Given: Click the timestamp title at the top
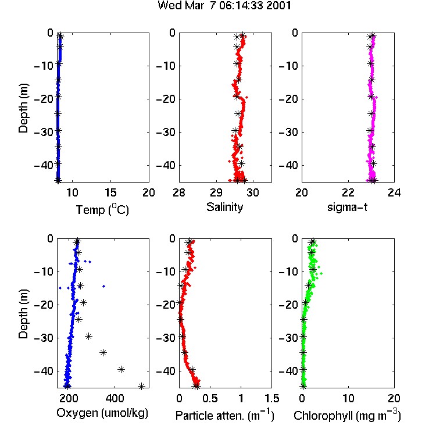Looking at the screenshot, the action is [x=224, y=6].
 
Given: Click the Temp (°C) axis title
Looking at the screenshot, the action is [x=102, y=210].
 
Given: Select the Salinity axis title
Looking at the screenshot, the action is [x=224, y=207].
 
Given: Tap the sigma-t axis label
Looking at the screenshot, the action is [x=347, y=207].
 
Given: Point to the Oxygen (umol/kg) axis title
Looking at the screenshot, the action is [x=102, y=413].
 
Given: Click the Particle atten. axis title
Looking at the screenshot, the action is [x=225, y=415].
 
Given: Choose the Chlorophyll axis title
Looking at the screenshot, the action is [x=347, y=415].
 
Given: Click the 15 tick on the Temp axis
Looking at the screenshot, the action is [x=110, y=192].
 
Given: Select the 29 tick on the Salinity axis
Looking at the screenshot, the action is [x=216, y=192].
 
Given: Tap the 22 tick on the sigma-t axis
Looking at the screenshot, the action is [x=348, y=192].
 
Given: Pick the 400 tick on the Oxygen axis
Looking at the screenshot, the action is [x=115, y=398].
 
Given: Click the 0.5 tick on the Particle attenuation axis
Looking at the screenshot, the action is [x=210, y=398].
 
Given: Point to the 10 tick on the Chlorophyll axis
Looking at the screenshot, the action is [x=348, y=398].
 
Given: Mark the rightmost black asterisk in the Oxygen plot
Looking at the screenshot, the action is [x=141, y=386].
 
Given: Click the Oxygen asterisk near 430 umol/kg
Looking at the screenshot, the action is [x=121, y=370].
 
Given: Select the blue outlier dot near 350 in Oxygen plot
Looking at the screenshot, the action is [x=103, y=286].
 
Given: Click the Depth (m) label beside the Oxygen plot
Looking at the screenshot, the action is [x=24, y=314].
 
